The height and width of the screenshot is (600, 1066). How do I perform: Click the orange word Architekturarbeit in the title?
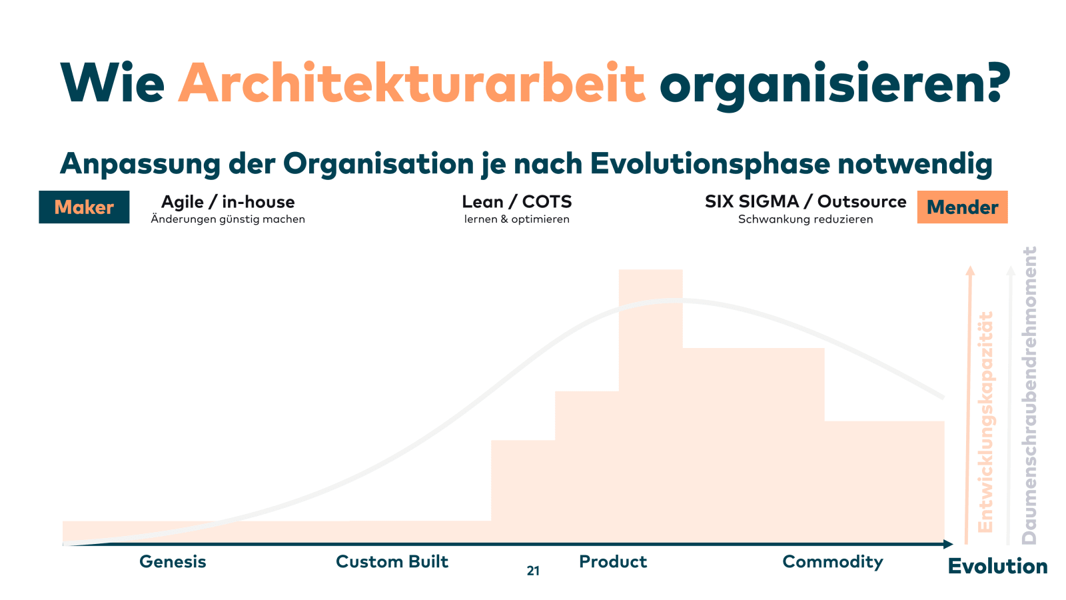[x=412, y=83]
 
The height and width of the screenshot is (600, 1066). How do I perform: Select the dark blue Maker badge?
[x=84, y=207]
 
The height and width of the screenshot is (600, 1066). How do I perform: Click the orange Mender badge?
[x=962, y=207]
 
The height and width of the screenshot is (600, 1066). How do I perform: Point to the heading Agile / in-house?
[x=228, y=203]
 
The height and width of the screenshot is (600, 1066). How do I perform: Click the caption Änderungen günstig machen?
[x=228, y=219]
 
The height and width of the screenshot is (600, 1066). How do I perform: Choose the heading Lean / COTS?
[x=517, y=202]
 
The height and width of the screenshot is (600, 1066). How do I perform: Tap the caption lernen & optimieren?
[x=517, y=219]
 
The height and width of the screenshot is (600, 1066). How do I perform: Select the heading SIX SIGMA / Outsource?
[x=805, y=202]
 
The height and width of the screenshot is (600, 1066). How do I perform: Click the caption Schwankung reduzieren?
[x=805, y=219]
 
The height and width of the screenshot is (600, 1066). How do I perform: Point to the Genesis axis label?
[x=173, y=562]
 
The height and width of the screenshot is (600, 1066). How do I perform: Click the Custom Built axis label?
[x=392, y=562]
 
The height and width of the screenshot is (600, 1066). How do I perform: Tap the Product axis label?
[x=613, y=562]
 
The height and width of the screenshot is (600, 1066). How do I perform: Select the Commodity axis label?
[x=833, y=563]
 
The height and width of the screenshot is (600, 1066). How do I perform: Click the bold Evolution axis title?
[x=998, y=567]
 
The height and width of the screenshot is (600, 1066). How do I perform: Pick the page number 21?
[x=533, y=571]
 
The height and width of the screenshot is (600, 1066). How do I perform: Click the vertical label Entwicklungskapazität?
[x=985, y=422]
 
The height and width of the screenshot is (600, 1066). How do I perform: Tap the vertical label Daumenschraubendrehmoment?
[x=1029, y=396]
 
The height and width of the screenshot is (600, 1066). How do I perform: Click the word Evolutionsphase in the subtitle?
[x=710, y=164]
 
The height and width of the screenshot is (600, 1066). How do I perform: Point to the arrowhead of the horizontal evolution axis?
[x=949, y=544]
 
